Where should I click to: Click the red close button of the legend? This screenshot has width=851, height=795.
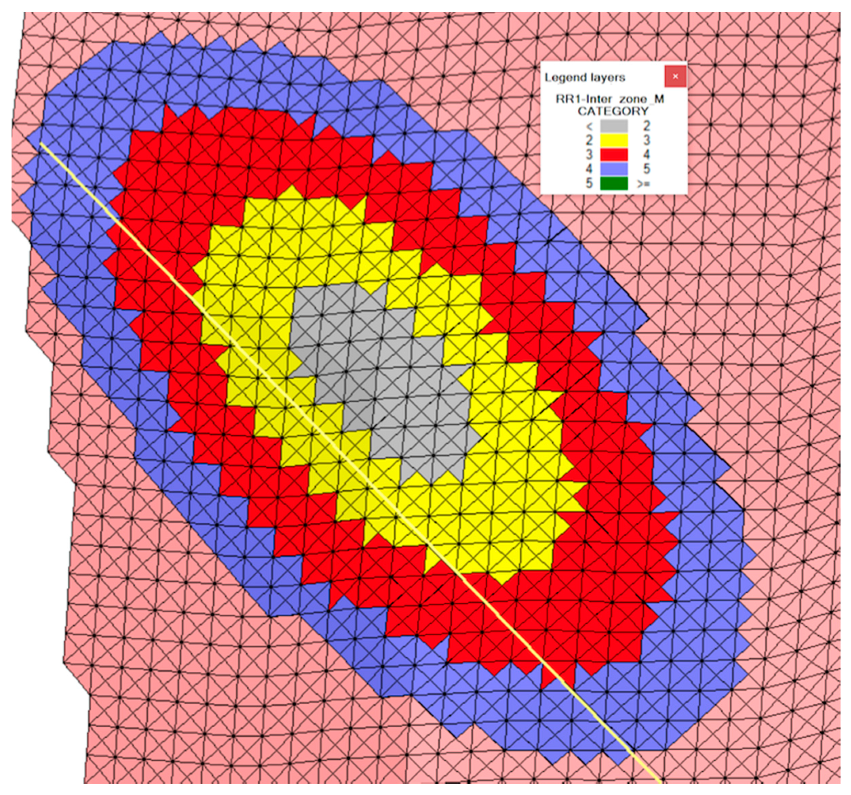coord(675,76)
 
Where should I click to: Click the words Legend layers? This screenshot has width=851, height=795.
coord(585,78)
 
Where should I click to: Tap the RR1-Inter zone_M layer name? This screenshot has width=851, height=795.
coord(610,99)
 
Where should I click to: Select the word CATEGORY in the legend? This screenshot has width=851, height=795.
coord(613,111)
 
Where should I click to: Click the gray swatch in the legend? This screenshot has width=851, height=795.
coord(613,126)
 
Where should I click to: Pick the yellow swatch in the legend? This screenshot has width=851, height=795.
coord(613,140)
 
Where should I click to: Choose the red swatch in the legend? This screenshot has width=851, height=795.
coord(613,155)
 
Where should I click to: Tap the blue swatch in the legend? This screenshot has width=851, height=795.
coord(613,169)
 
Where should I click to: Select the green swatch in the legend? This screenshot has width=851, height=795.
coord(613,183)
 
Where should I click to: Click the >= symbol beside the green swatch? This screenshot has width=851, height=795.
coord(644,184)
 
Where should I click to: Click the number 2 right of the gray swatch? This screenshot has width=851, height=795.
coord(646,126)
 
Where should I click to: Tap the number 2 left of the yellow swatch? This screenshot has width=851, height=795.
coord(589,140)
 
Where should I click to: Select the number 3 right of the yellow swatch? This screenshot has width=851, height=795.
coord(646,140)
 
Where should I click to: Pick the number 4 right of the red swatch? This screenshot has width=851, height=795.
coord(646,155)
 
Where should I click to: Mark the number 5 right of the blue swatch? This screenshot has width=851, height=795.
coord(646,169)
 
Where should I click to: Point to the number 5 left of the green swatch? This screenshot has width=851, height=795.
coord(589,183)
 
